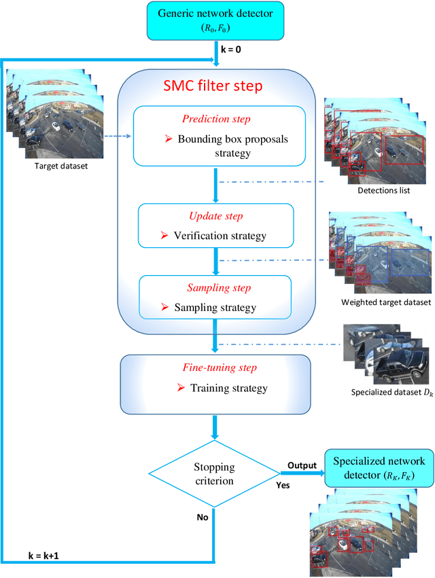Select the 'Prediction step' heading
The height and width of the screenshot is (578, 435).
215,119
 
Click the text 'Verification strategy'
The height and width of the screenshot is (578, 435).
220,236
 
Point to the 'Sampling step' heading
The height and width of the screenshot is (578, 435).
216,287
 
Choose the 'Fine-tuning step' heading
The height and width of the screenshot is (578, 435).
216,367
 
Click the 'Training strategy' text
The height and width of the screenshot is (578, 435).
228,389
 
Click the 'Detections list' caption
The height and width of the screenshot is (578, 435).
383,190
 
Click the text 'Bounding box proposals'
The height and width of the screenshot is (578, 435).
223,139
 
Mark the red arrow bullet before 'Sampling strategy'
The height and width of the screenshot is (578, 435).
164,308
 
